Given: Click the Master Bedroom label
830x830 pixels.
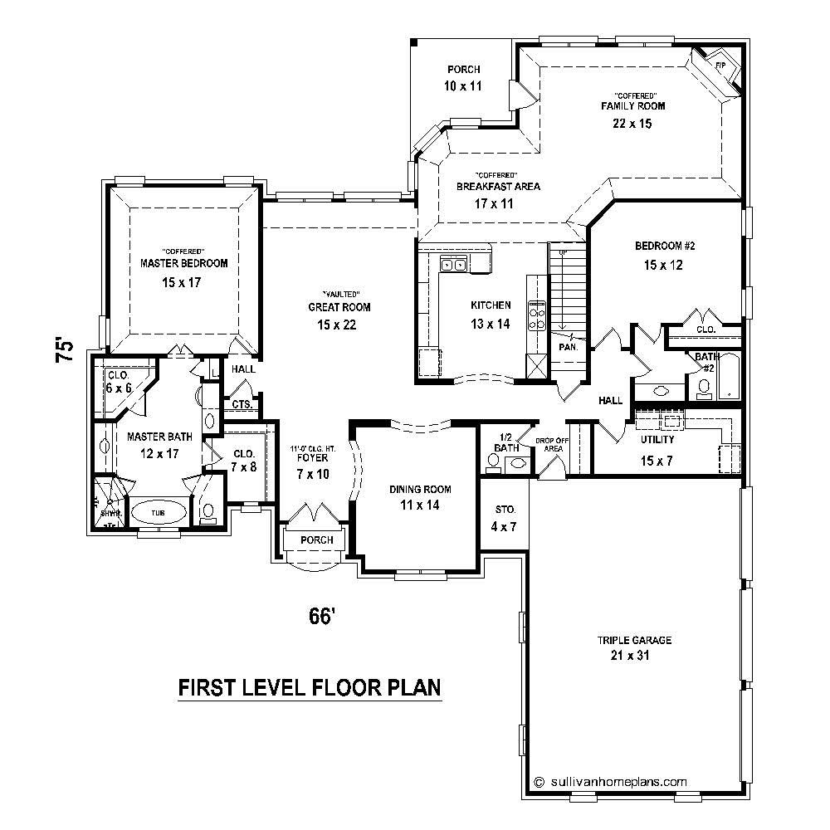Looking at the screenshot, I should point(183,263).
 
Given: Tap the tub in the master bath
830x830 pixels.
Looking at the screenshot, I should point(157,513).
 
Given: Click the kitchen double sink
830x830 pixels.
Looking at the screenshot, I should point(453,265).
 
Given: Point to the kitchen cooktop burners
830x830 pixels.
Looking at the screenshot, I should point(537,313).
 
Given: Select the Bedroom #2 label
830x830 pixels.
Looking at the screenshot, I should point(663,246).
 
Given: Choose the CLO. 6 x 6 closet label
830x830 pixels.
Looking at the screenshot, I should point(120,381).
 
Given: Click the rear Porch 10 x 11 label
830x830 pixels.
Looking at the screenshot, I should point(463,77).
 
